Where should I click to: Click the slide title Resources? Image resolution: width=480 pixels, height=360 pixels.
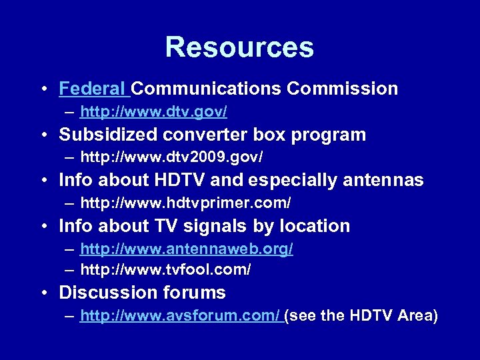[239, 47]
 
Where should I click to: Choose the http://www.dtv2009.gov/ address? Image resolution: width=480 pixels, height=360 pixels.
[172, 157]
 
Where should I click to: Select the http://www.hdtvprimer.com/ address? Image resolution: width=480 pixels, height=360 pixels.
[186, 202]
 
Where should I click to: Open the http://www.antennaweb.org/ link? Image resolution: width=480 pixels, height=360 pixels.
[187, 249]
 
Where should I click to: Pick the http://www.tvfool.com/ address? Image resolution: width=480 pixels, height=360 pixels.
[166, 270]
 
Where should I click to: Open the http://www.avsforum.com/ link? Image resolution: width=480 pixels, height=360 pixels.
[180, 315]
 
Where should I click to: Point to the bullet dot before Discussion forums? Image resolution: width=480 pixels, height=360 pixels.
[43, 293]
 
